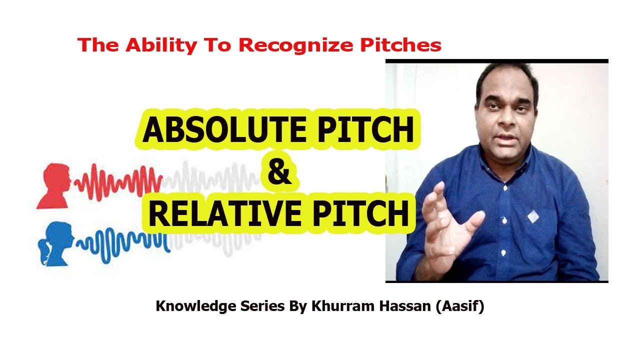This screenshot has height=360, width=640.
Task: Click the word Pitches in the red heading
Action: tap(400, 45)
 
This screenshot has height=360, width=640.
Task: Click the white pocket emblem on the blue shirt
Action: tap(533, 216)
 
